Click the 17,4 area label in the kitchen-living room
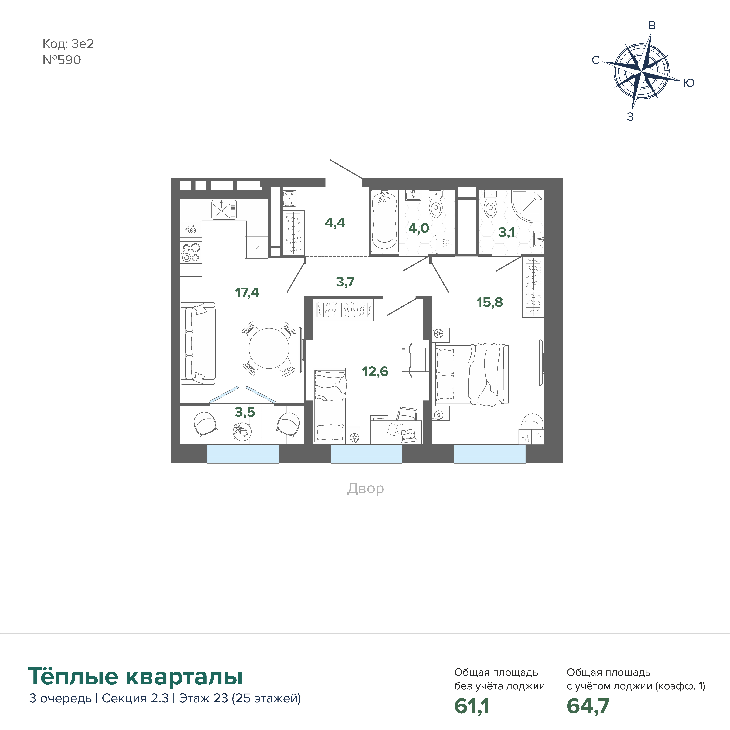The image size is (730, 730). point(247,292)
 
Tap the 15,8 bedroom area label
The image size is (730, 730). point(490,302)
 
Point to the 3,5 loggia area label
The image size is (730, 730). point(245,412)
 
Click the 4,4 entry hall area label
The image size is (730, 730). point(335,223)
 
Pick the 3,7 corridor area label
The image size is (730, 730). point(345,282)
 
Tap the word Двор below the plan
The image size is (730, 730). point(365,489)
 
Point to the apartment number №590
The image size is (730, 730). point(62,60)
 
